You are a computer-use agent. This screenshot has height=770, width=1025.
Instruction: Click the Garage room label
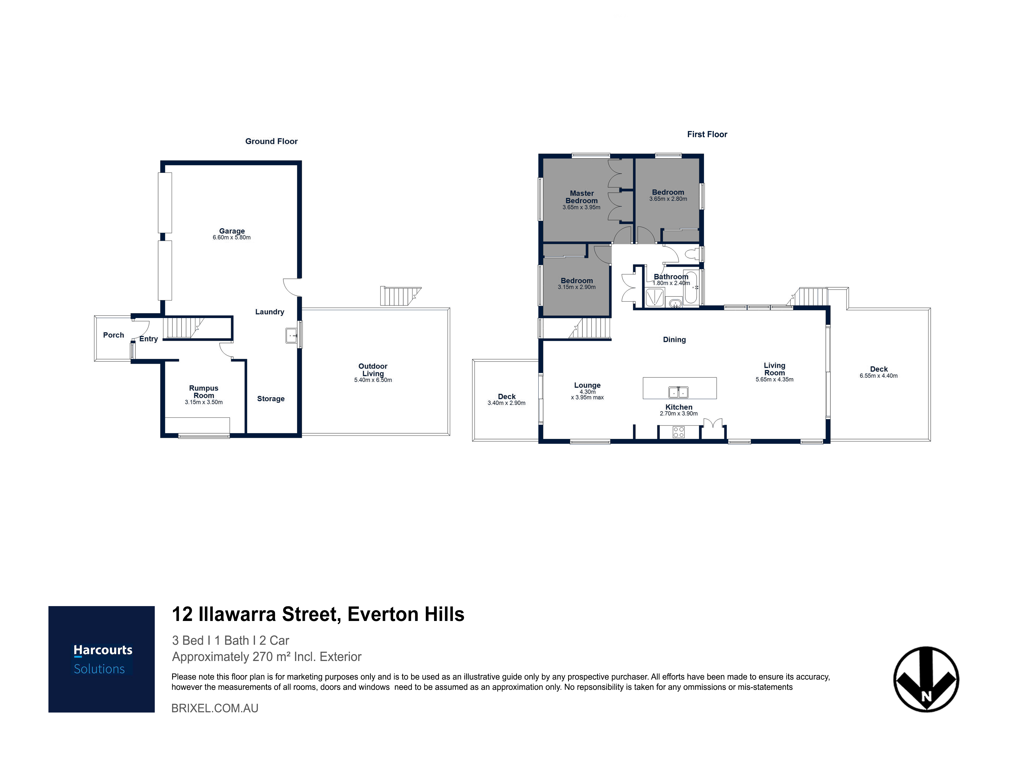click(232, 231)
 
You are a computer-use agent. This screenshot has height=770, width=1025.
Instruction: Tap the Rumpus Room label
click(204, 392)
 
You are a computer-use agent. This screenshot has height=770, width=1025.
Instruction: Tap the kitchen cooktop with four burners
click(679, 432)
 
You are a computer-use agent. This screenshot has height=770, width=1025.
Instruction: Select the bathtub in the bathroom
click(690, 287)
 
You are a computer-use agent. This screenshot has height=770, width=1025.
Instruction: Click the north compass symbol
click(926, 679)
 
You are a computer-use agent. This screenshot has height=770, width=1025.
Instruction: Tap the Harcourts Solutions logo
click(101, 659)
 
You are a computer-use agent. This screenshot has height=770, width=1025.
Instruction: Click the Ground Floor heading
click(272, 142)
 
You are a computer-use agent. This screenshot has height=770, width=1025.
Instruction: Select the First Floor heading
click(707, 134)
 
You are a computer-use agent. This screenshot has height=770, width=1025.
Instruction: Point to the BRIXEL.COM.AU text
click(215, 708)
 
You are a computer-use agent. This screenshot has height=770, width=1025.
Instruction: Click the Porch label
click(114, 335)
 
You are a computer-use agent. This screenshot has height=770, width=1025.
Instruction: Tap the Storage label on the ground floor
click(271, 399)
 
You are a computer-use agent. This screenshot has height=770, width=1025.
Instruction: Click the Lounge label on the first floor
click(587, 386)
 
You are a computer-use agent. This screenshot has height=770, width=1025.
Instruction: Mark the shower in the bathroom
click(654, 297)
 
